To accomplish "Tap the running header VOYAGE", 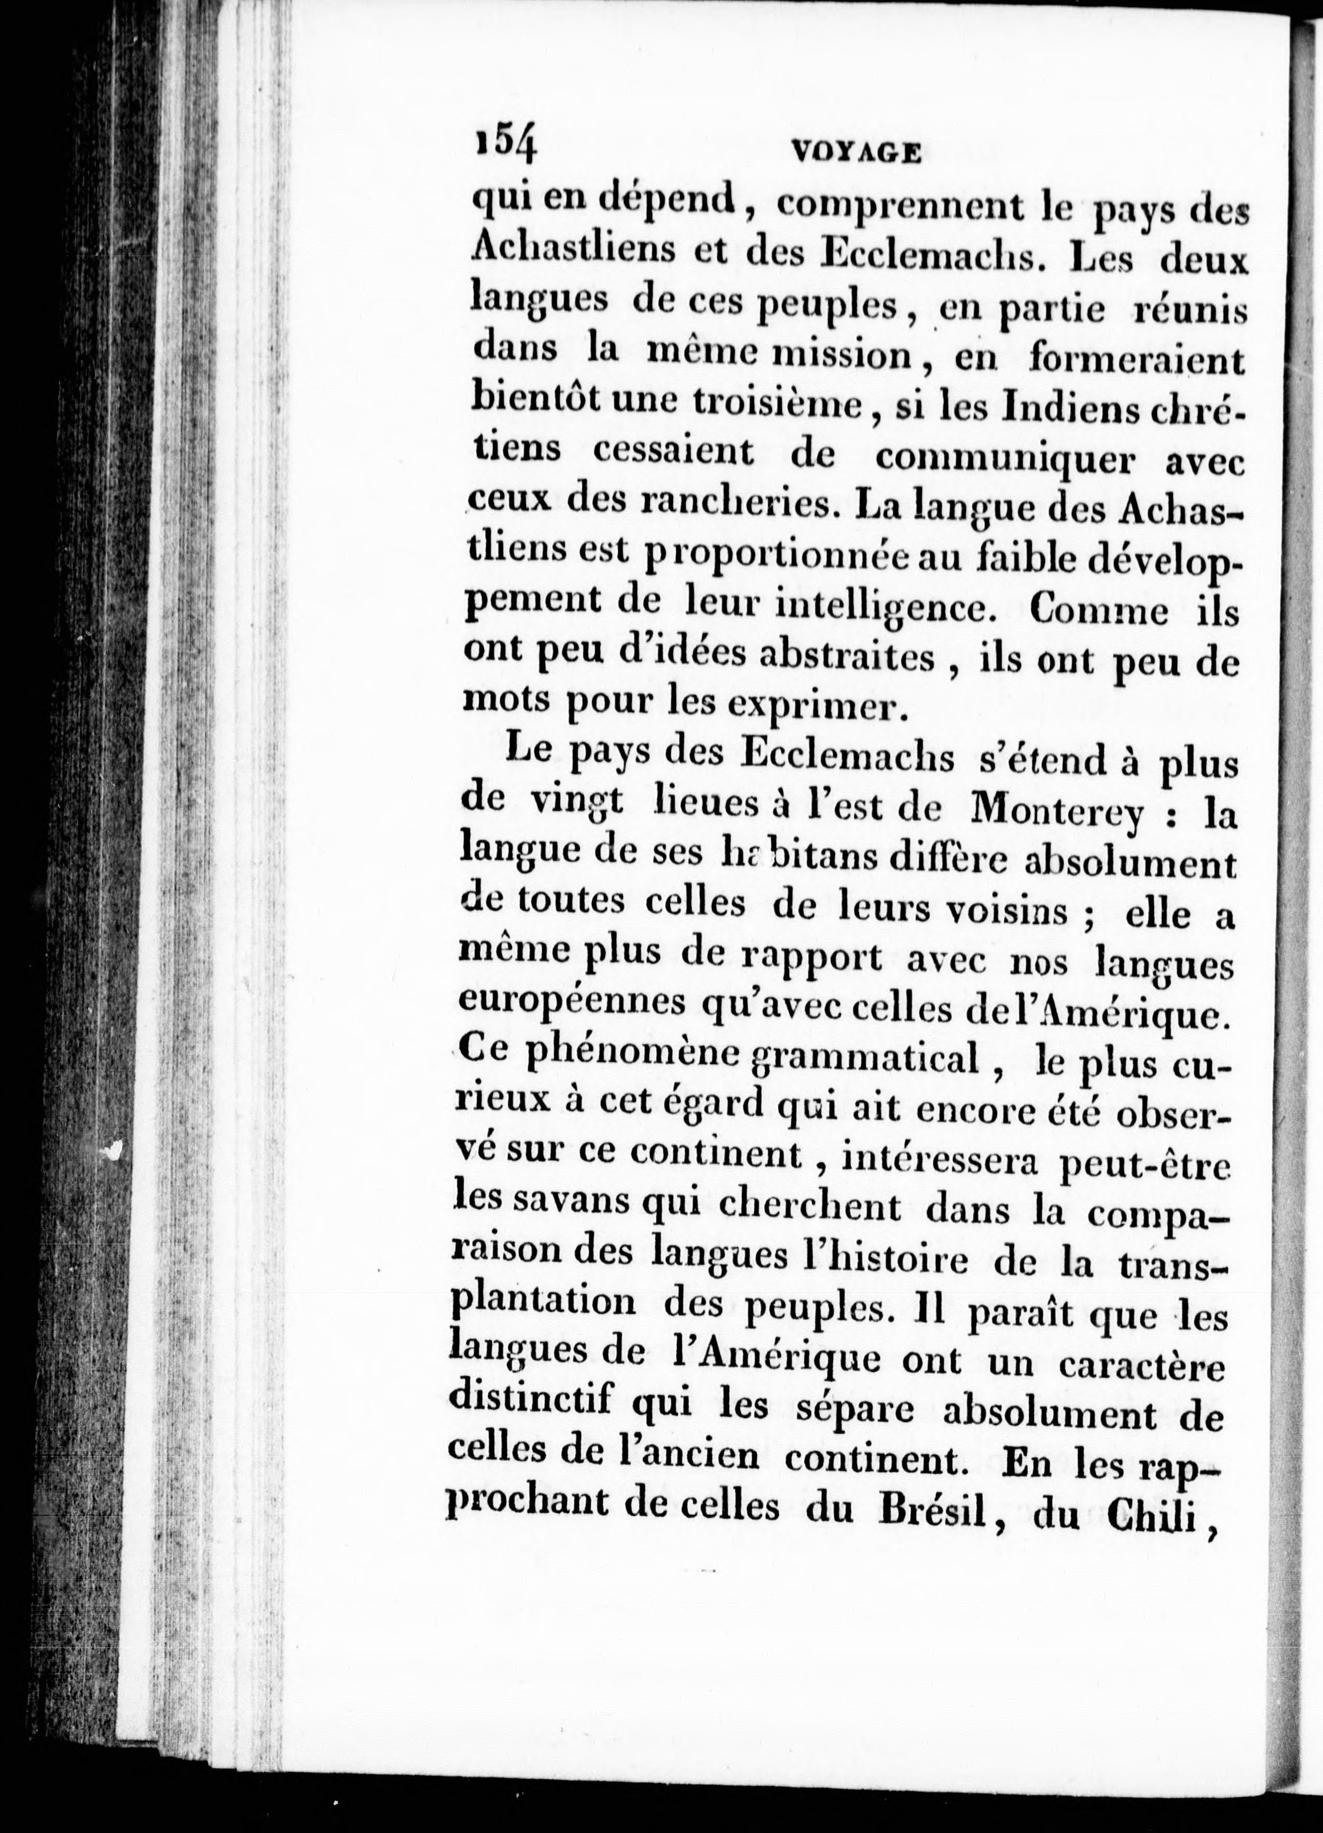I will point(857,152).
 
